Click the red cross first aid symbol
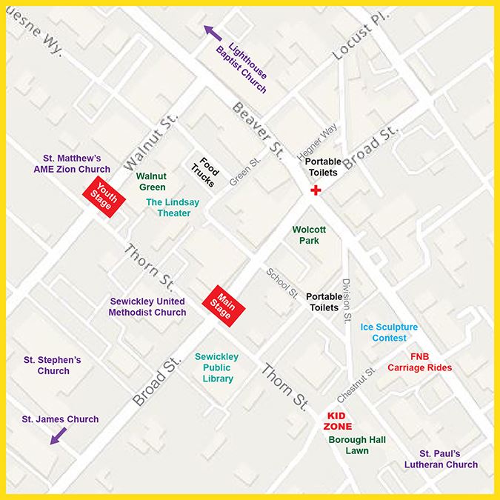click(316, 191)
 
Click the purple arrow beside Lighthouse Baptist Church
click(214, 31)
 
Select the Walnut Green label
click(151, 182)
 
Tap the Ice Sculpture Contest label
click(389, 332)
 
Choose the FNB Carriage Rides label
click(420, 361)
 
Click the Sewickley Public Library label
click(214, 367)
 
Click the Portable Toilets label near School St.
click(322, 301)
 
